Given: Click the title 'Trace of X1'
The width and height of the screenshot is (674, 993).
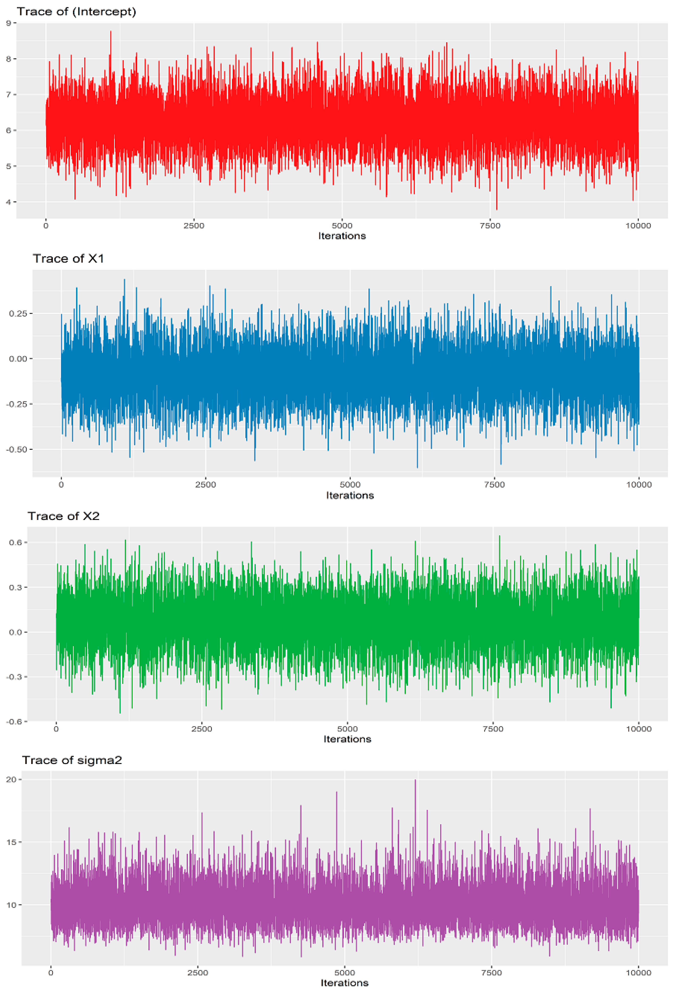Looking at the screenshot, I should click(68, 258).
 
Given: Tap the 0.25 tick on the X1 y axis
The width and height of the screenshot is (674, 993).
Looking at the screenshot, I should click(18, 314).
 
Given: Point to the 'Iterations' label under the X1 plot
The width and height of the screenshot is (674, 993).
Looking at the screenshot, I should click(350, 495).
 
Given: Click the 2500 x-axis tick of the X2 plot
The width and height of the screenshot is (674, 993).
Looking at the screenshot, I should click(202, 729).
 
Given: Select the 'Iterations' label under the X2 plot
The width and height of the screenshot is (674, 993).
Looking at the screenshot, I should click(347, 739).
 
